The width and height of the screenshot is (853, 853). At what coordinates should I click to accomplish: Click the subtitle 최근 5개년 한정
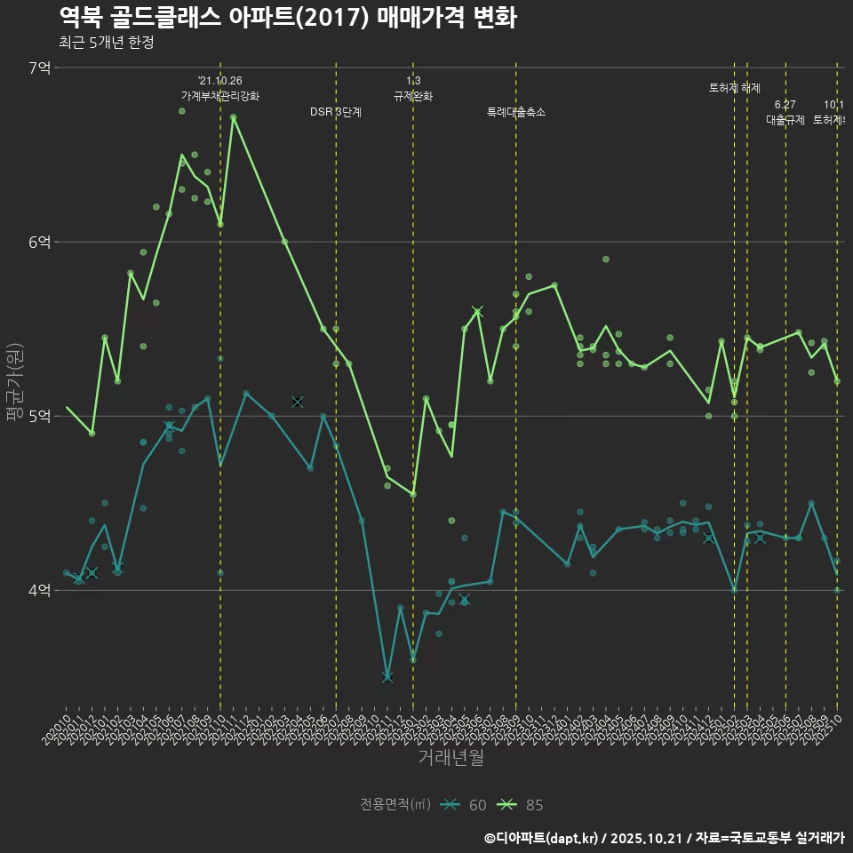click(107, 43)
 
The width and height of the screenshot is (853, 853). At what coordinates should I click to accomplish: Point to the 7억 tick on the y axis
click(39, 68)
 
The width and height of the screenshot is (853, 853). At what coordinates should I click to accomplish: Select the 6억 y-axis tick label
click(39, 242)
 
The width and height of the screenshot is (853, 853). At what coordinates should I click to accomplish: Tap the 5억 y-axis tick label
click(39, 416)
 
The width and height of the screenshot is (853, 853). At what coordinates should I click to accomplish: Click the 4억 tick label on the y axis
click(39, 590)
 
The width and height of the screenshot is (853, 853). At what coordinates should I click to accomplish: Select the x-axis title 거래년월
click(450, 757)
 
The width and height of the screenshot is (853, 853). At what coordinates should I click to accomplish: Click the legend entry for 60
click(466, 805)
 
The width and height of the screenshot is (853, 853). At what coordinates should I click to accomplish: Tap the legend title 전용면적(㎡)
click(395, 805)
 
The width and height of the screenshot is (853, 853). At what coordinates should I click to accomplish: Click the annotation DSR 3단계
click(335, 112)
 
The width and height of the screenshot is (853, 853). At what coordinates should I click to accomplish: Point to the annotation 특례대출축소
click(515, 112)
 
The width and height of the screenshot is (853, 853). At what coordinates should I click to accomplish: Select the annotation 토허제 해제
click(735, 88)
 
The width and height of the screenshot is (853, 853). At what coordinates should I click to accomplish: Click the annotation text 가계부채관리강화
click(220, 96)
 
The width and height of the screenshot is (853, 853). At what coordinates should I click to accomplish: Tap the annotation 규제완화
click(413, 96)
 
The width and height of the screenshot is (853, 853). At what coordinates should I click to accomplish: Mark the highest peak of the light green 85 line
click(233, 116)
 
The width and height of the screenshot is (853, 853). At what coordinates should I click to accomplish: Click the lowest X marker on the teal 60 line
click(387, 678)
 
